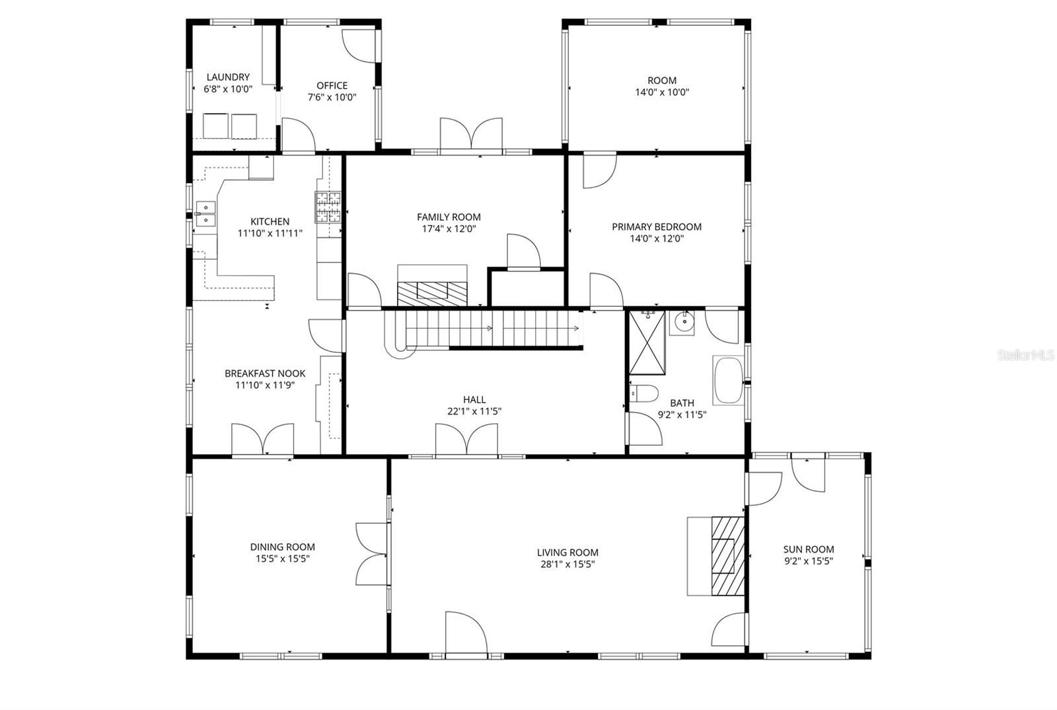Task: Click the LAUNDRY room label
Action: pos(228,77)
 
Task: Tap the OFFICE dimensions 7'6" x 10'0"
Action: pos(332,97)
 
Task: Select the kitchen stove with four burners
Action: pos(328,206)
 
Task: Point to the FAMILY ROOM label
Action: pos(449,217)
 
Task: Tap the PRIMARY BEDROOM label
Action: pos(656,227)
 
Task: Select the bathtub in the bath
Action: pos(727,380)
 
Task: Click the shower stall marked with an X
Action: pos(647,342)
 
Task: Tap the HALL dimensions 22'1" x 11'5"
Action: pos(474,411)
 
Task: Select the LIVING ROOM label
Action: pos(567,553)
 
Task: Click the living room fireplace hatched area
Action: pos(727,554)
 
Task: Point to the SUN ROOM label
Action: pos(808,549)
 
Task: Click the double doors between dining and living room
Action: pos(372,553)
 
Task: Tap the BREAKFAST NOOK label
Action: pos(264,374)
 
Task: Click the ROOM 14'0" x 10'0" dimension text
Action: pos(661,93)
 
